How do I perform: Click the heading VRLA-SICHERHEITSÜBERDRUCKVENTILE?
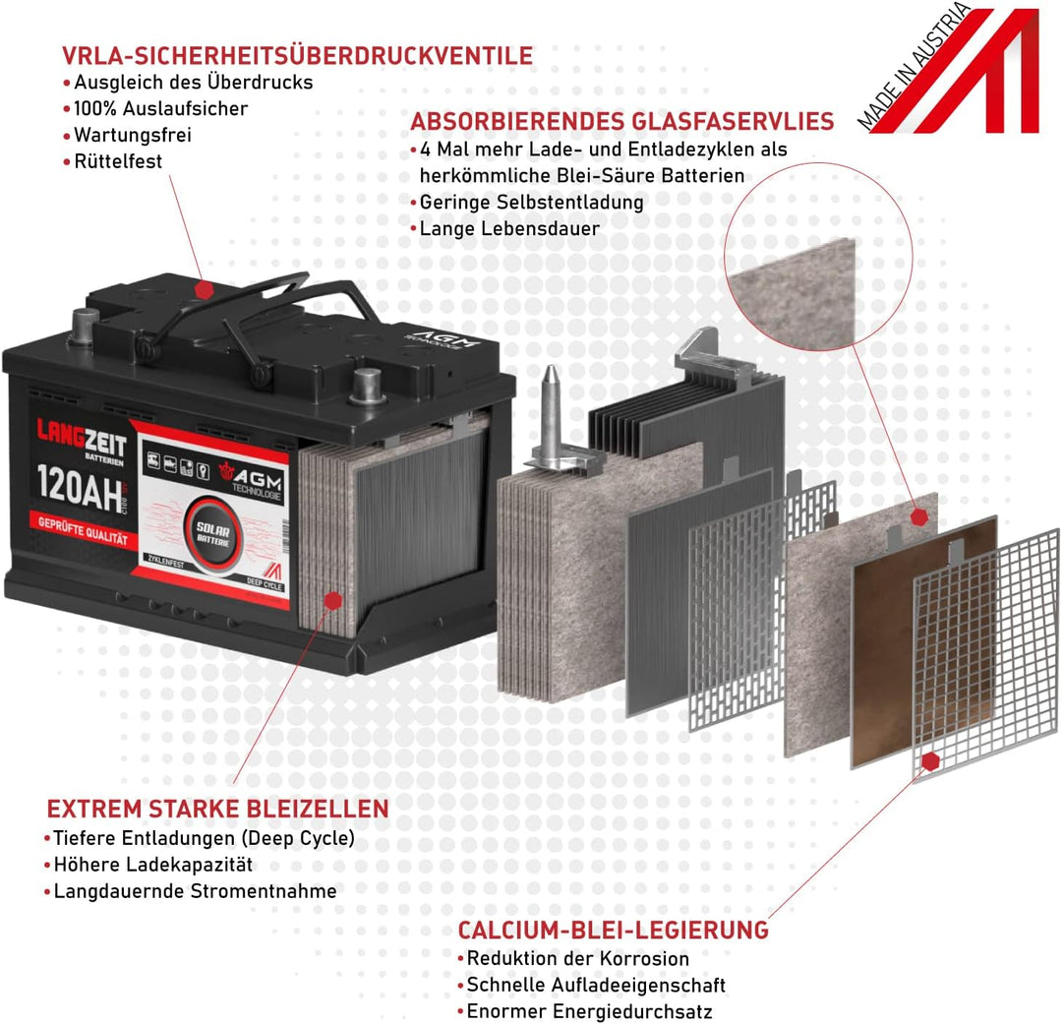pos(297,55)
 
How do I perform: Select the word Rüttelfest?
pos(118,161)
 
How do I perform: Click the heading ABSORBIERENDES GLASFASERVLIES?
pos(621,122)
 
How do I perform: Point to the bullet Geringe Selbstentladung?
pos(531,202)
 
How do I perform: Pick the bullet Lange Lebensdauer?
pos(509,228)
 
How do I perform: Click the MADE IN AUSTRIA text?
pos(912,69)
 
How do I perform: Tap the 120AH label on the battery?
pos(75,483)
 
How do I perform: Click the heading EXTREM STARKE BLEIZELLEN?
pos(217,810)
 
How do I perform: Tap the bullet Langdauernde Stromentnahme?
pos(195,891)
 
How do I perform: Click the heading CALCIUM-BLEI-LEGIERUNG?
pos(613,931)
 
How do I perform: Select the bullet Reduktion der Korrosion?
pos(577,958)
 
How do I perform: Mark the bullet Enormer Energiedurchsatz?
pos(589,1011)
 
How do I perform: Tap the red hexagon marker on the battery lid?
pos(204,289)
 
